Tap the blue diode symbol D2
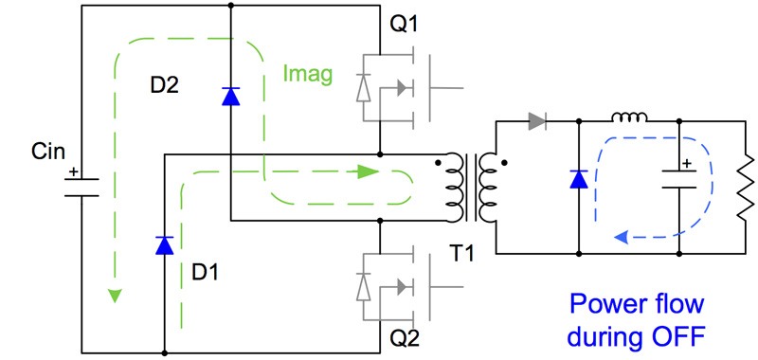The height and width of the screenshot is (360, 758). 230,95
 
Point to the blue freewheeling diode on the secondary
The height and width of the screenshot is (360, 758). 577,179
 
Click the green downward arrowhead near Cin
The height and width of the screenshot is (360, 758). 114,296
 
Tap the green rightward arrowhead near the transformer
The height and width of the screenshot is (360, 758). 364,172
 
